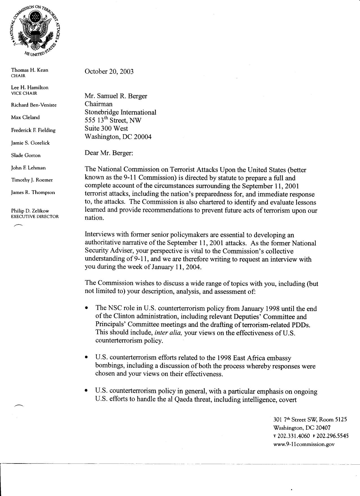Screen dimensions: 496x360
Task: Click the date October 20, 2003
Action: pyautogui.click(x=109, y=71)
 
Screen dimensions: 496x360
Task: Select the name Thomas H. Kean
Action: pyautogui.click(x=29, y=70)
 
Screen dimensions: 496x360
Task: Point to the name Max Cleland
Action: pyautogui.click(x=25, y=117)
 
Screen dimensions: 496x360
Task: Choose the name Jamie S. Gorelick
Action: pyautogui.click(x=30, y=143)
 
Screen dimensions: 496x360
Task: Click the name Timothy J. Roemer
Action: pyautogui.click(x=32, y=180)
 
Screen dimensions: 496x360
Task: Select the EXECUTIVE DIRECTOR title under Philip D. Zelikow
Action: pyautogui.click(x=35, y=216)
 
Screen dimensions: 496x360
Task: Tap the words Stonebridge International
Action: pyautogui.click(x=121, y=112)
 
